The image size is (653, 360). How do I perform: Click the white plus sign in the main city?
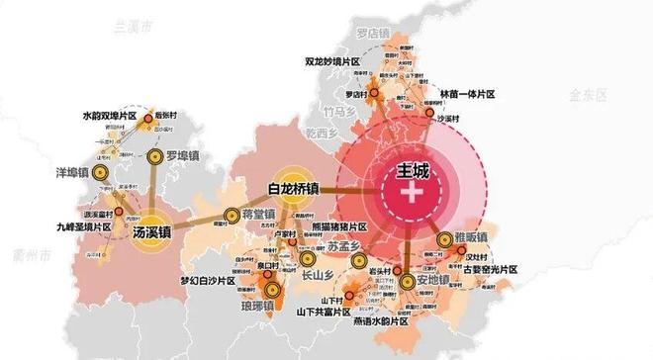click(410, 191)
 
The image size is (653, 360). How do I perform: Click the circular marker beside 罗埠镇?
click(154, 156)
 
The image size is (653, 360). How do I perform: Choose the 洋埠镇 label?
click(71, 173)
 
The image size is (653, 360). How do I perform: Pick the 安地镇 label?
click(431, 281)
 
